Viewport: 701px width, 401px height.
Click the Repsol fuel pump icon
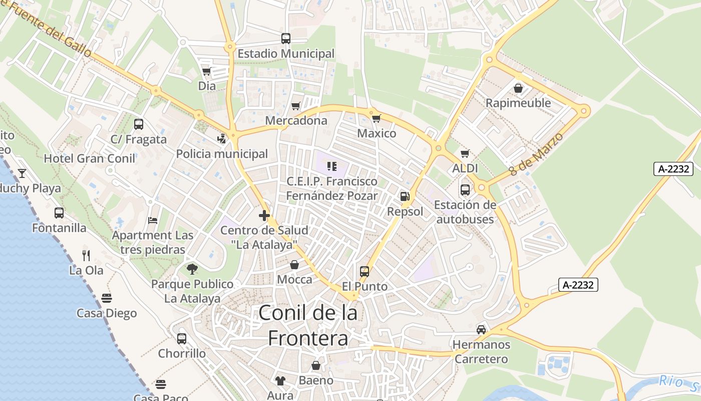(x=405, y=196)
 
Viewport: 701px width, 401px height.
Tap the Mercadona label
(x=296, y=121)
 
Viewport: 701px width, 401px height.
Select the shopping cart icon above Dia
(x=206, y=71)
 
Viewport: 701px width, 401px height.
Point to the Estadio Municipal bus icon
(x=285, y=39)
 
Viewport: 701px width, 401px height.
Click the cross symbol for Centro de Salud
(x=264, y=216)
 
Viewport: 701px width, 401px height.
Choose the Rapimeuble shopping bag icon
(x=518, y=88)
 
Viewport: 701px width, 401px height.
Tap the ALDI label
(x=465, y=168)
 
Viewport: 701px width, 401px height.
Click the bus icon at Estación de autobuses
(x=465, y=190)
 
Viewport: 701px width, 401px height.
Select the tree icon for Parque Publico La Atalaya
(x=192, y=270)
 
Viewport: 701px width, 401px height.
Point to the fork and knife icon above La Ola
(x=86, y=256)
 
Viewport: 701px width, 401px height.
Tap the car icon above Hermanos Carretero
(x=481, y=330)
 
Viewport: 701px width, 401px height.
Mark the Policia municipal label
(x=222, y=154)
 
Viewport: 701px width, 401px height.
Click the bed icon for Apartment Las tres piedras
(x=153, y=221)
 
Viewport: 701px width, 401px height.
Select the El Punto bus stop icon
(x=365, y=272)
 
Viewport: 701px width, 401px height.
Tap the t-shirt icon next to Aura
(x=280, y=381)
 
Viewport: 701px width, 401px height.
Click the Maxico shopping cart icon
(x=376, y=119)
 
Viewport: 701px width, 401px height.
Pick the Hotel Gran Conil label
(x=90, y=159)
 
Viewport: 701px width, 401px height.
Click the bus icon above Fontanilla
(x=59, y=213)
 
